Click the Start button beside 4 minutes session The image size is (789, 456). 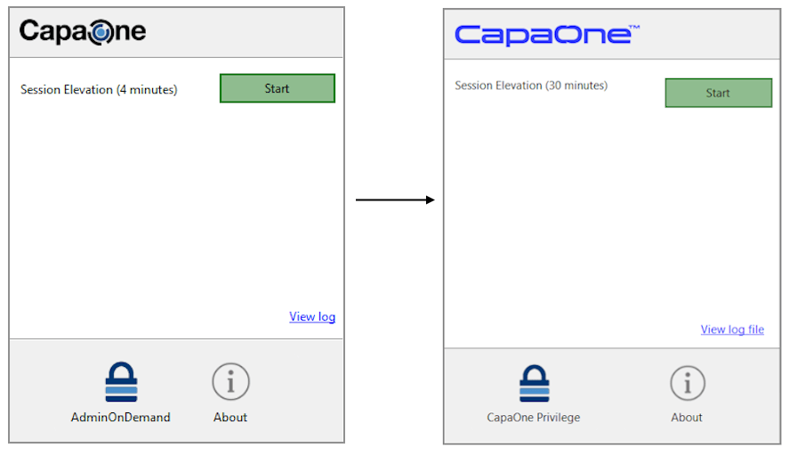point(278,88)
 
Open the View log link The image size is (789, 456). point(312,316)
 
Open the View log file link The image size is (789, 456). point(732,329)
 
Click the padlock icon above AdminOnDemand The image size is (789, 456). point(121,381)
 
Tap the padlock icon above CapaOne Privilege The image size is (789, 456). point(535,384)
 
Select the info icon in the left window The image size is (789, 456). point(230,381)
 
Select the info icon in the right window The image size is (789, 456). point(688,383)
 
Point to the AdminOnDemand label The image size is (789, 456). point(121,417)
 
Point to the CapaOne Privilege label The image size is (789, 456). point(534,417)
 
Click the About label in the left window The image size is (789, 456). point(230,417)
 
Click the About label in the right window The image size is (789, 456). point(687,417)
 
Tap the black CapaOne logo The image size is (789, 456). point(83,32)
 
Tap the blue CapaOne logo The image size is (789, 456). point(547,35)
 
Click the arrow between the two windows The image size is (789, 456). point(395,200)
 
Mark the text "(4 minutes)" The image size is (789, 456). point(147,90)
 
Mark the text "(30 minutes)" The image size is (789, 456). point(576,85)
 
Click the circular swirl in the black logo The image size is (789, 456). point(101,33)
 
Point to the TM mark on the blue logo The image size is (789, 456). point(634,28)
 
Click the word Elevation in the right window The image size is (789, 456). point(519,85)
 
